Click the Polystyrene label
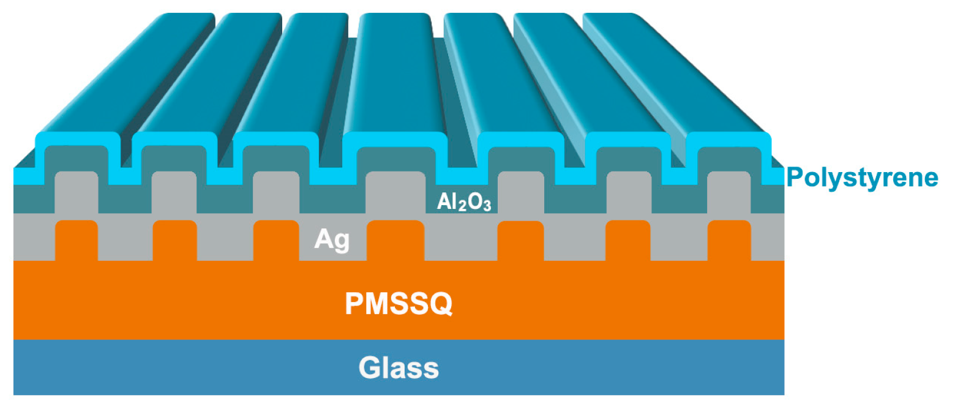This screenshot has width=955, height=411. tap(862, 178)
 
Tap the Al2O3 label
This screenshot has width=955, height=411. tap(464, 202)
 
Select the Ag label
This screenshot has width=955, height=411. tap(332, 239)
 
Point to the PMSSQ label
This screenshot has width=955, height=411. tap(399, 303)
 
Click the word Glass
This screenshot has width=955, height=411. tap(399, 368)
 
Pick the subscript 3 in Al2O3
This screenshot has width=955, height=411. tap(487, 206)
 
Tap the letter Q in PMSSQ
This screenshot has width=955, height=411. tap(440, 303)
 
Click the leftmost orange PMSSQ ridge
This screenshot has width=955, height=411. tap(77, 241)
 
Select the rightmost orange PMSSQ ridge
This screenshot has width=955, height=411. tap(728, 241)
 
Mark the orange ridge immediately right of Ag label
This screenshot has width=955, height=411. tap(395, 241)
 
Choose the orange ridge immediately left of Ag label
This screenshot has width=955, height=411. tap(275, 241)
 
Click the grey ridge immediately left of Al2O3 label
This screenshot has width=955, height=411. tap(395, 192)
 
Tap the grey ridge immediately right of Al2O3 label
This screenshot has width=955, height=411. tap(520, 192)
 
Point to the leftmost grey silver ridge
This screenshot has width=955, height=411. tap(77, 192)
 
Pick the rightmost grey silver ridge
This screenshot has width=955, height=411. tap(728, 192)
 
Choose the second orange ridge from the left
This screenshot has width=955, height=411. tap(174, 241)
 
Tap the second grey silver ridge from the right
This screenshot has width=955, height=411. tap(628, 192)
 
